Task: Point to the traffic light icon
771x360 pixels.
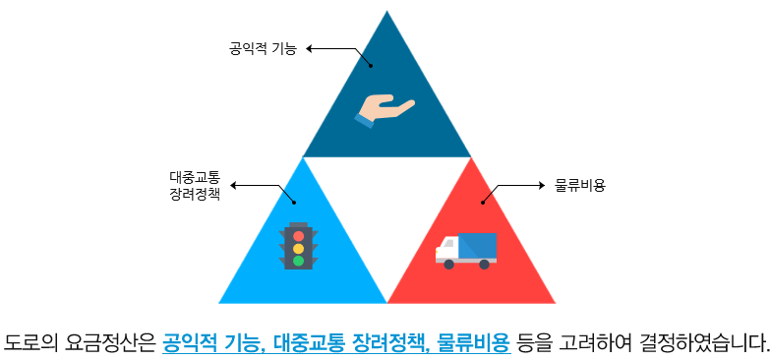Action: point(298,246)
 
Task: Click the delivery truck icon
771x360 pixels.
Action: point(466,250)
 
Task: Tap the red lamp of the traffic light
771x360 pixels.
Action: point(298,236)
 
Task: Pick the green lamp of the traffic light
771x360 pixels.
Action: point(298,261)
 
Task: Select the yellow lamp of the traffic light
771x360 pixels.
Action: point(298,249)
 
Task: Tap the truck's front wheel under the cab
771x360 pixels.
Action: point(448,264)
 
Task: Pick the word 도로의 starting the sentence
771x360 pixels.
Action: point(28,343)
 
